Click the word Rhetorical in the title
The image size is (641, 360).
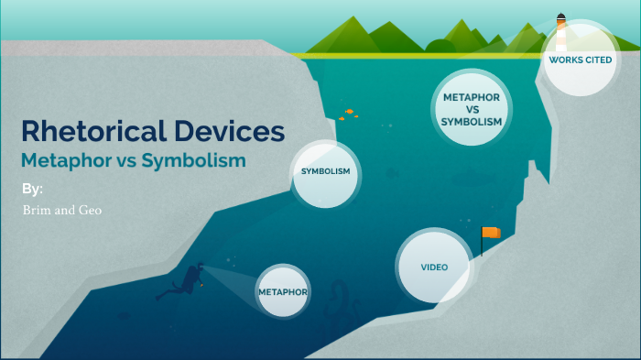(x=84, y=131)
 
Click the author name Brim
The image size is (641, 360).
(x=36, y=210)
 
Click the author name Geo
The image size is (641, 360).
(x=90, y=210)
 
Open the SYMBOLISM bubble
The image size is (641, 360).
(x=326, y=171)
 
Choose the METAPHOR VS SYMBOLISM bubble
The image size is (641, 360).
(x=472, y=109)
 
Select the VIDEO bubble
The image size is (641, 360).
(x=433, y=268)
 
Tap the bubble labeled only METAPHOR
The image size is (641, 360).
(x=282, y=291)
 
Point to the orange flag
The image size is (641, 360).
(x=492, y=233)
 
